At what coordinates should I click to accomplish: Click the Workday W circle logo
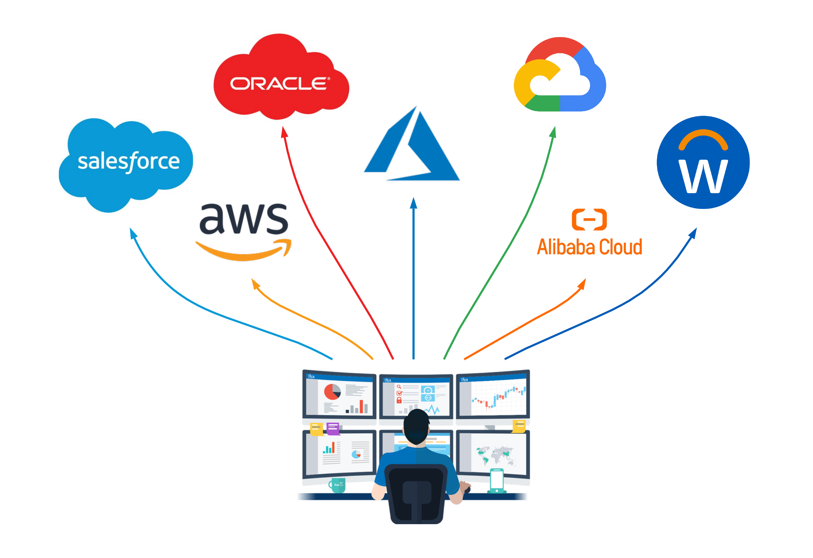click(703, 163)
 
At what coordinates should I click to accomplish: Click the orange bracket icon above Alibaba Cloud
click(589, 220)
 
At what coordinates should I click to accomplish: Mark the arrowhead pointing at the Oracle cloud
click(284, 132)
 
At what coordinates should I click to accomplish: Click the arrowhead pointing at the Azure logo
click(414, 203)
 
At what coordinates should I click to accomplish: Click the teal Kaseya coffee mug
click(337, 485)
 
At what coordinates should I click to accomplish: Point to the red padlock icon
click(399, 401)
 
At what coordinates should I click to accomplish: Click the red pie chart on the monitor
click(332, 392)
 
